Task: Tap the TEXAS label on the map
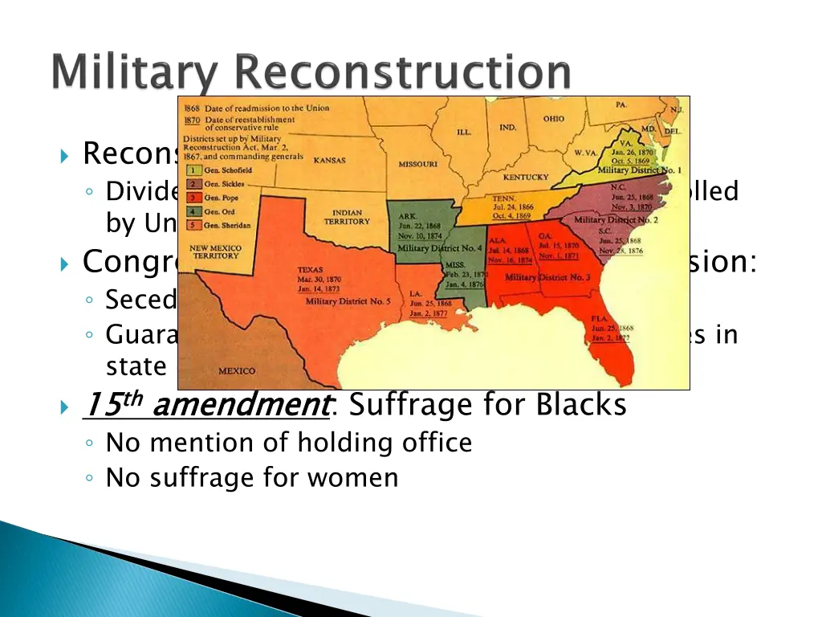click(x=311, y=270)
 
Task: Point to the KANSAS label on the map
click(x=329, y=160)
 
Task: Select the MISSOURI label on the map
click(x=418, y=164)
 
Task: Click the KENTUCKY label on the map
click(x=526, y=177)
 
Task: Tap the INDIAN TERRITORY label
click(x=347, y=217)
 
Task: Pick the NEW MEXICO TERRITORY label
click(x=214, y=251)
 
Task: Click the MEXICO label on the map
click(x=237, y=371)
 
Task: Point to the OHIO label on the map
click(x=553, y=119)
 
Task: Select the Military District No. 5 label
click(x=348, y=301)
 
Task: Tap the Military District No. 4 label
click(x=440, y=248)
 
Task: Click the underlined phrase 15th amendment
click(x=206, y=404)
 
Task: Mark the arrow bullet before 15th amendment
click(x=65, y=407)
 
